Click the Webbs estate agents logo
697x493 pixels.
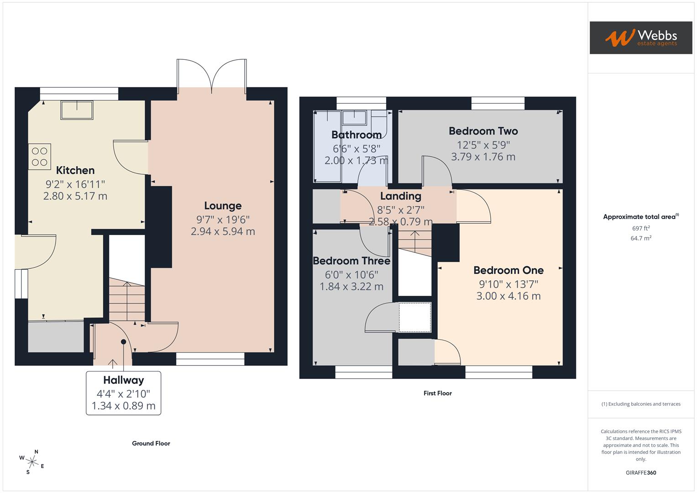coord(640,37)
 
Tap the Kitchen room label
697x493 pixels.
coord(75,170)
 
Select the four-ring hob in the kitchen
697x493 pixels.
coord(39,157)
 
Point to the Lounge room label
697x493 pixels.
coord(223,206)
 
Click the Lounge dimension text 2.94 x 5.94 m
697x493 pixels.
coord(223,231)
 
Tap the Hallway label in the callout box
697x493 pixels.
coord(123,380)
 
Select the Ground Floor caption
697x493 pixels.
coord(151,443)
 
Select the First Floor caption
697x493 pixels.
coord(437,393)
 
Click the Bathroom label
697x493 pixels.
coord(356,135)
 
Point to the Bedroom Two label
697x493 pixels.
coord(483,131)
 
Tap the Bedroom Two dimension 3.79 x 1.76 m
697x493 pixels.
coord(483,157)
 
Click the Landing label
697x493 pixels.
coord(400,196)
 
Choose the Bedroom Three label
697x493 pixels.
coord(351,261)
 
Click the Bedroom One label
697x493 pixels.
coord(508,270)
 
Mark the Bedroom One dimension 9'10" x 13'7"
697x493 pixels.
coord(508,284)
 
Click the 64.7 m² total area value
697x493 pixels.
coord(640,238)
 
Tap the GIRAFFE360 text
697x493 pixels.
coord(640,473)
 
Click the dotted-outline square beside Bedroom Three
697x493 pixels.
coord(415,317)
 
